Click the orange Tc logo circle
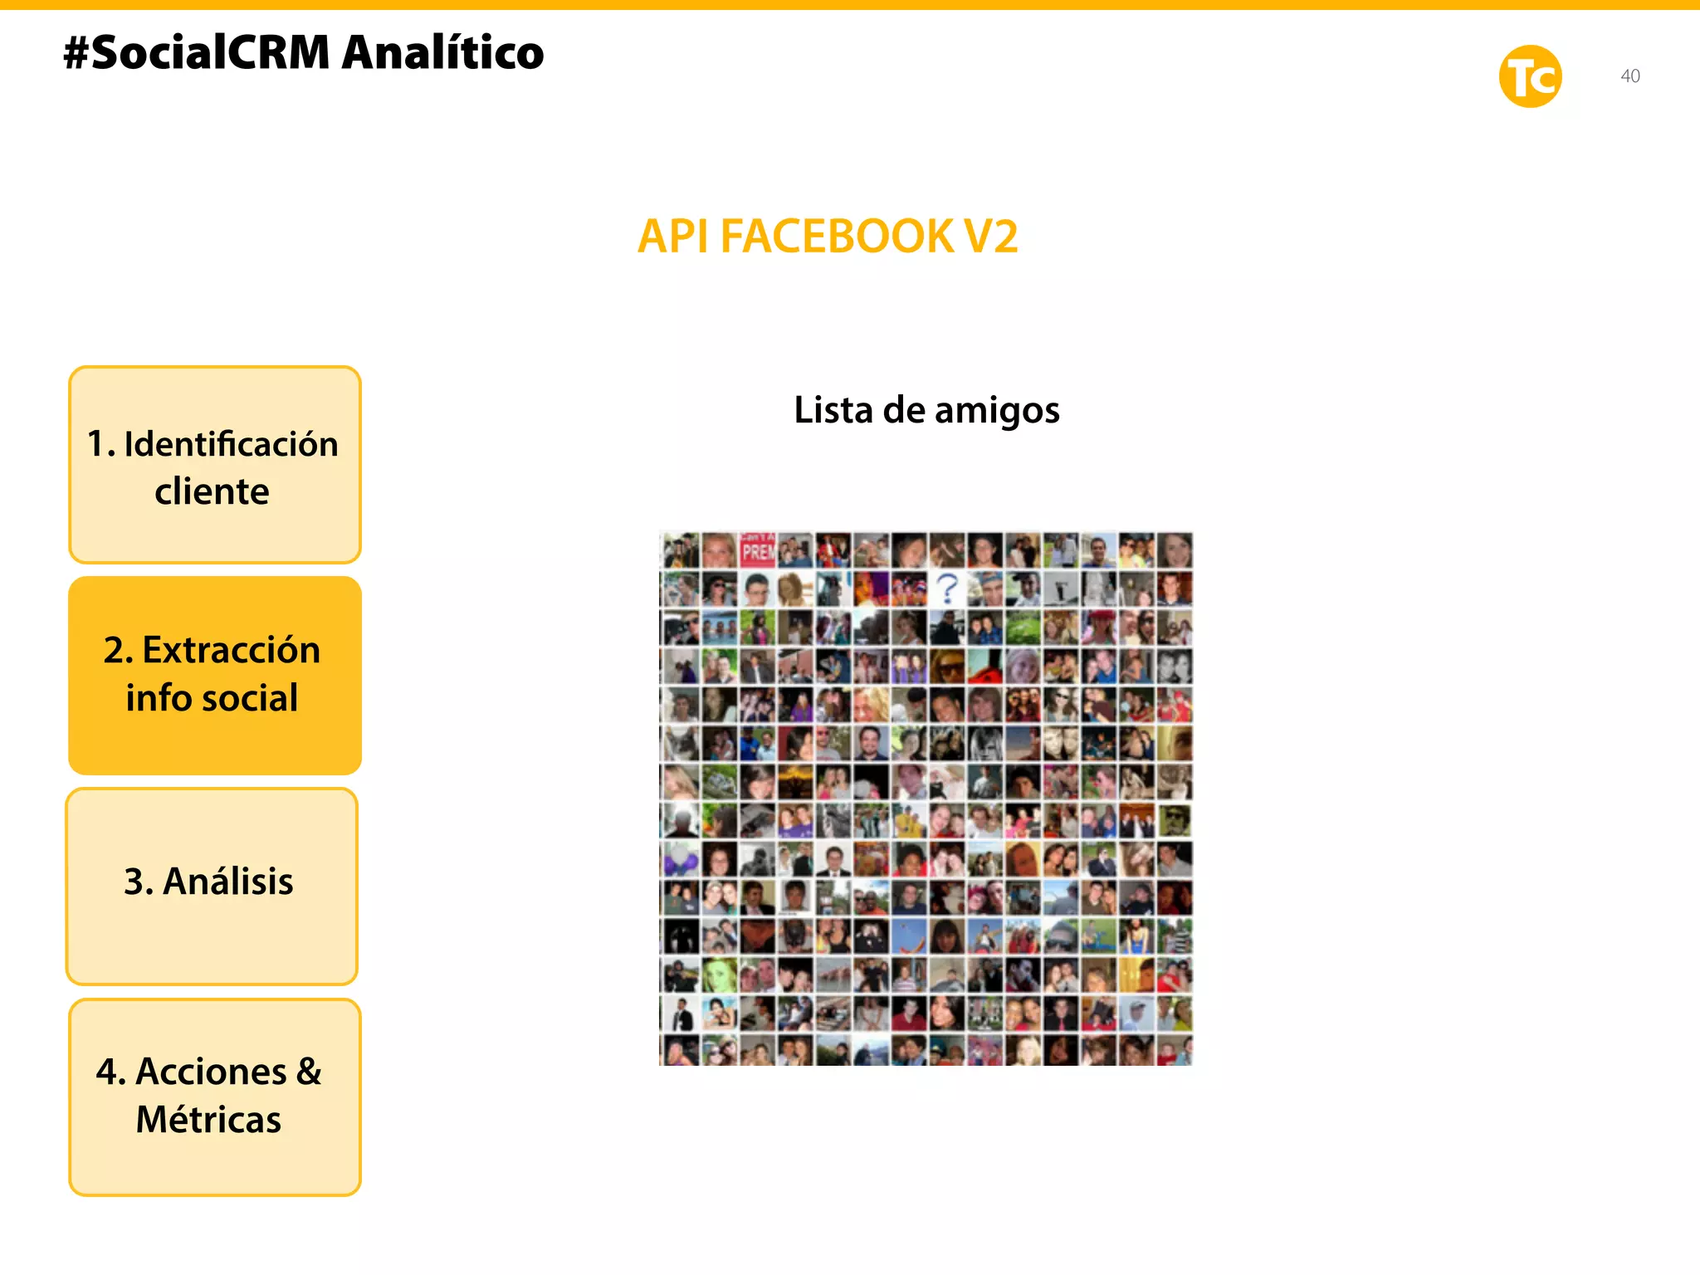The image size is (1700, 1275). pyautogui.click(x=1530, y=76)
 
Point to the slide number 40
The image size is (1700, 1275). pyautogui.click(x=1629, y=76)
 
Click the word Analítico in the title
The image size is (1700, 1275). pyautogui.click(x=442, y=52)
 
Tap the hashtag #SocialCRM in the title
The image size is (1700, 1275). pyautogui.click(x=197, y=52)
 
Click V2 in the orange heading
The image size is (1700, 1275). pyautogui.click(x=990, y=237)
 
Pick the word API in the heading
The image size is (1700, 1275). pyautogui.click(x=672, y=237)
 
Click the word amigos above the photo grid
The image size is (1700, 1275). pyautogui.click(x=996, y=411)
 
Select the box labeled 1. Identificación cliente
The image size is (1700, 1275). pyautogui.click(x=215, y=465)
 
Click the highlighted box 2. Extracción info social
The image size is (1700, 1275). pyautogui.click(x=215, y=675)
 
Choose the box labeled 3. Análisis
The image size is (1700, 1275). pyautogui.click(x=212, y=886)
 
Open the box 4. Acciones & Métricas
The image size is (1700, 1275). pyautogui.click(x=215, y=1097)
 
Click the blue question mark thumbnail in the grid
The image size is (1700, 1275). pyautogui.click(x=947, y=588)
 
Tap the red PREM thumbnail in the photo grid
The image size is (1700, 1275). pyautogui.click(x=757, y=550)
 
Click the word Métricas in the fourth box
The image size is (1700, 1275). pyautogui.click(x=208, y=1120)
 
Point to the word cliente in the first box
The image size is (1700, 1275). pyautogui.click(x=212, y=491)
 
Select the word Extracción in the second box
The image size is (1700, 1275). pyautogui.click(x=231, y=650)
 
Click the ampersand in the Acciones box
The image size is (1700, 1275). pyautogui.click(x=308, y=1072)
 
